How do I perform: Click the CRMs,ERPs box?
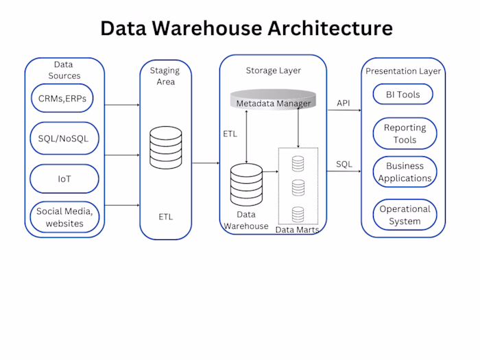(64, 98)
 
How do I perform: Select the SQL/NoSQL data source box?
(64, 139)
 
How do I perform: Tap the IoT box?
(64, 179)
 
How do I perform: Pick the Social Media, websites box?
(64, 217)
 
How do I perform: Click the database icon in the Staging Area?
(165, 145)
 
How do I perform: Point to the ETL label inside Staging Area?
(165, 217)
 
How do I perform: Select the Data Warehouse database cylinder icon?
(246, 184)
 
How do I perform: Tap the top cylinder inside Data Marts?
(298, 163)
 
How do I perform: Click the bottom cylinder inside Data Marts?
(298, 213)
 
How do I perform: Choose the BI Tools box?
(403, 94)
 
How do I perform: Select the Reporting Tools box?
(405, 134)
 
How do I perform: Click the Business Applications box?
(405, 172)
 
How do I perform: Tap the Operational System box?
(405, 215)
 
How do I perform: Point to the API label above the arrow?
(343, 103)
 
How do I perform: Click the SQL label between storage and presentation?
(344, 164)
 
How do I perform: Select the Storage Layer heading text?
(273, 71)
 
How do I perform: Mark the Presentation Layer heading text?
(403, 71)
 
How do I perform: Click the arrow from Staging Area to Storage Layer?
(205, 163)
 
